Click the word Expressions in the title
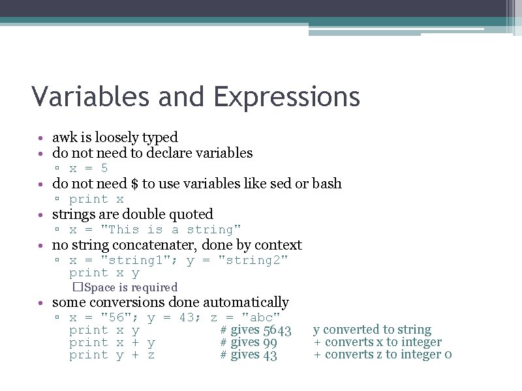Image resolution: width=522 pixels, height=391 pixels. [x=286, y=98]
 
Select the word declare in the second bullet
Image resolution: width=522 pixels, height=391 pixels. [x=143, y=153]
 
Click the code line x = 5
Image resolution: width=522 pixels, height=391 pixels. [x=89, y=168]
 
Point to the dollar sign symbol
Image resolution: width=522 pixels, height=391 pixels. [x=134, y=184]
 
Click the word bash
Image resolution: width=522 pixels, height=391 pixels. [x=326, y=184]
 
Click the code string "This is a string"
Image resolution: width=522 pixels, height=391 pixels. [x=174, y=229]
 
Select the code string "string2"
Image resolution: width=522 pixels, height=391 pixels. [x=253, y=261]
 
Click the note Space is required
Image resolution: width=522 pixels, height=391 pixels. [x=130, y=287]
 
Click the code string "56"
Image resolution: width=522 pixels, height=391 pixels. [x=119, y=317]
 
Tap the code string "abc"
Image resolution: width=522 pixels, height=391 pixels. [x=261, y=317]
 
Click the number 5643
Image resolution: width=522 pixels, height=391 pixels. [x=277, y=330]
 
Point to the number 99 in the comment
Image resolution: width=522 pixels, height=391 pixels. [x=269, y=343]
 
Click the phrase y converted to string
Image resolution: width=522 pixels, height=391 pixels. [x=372, y=330]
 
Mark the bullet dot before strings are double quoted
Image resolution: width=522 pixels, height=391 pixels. [x=41, y=215]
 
